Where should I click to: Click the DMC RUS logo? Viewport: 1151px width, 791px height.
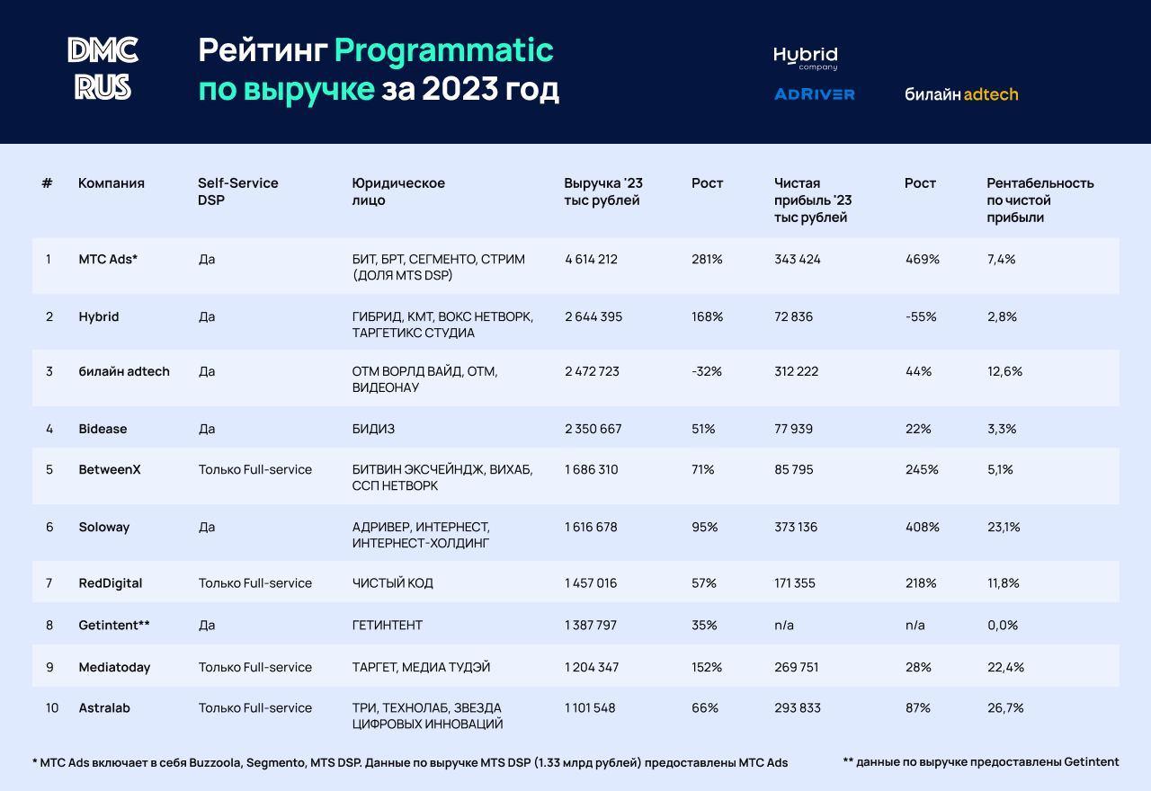click(x=103, y=68)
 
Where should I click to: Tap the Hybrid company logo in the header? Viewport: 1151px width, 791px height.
click(x=805, y=58)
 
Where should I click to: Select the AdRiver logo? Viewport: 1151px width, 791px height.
click(x=814, y=94)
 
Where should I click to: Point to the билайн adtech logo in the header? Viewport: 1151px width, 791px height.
click(x=961, y=94)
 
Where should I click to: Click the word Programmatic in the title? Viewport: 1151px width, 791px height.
click(x=443, y=50)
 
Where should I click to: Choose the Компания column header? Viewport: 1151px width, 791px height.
click(x=112, y=183)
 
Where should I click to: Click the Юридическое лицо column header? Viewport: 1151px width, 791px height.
click(x=398, y=191)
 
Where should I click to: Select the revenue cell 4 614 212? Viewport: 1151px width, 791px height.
click(x=591, y=260)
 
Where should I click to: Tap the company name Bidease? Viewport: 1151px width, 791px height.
click(x=103, y=429)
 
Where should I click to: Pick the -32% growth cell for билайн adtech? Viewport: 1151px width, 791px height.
click(x=706, y=371)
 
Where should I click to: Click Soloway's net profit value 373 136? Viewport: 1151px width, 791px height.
click(x=796, y=528)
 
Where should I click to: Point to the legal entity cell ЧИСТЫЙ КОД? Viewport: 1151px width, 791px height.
click(x=393, y=583)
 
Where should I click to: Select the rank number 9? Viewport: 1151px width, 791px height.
click(x=49, y=667)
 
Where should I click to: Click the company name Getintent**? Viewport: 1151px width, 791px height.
click(x=114, y=625)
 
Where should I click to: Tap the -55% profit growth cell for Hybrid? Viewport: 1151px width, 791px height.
click(x=921, y=317)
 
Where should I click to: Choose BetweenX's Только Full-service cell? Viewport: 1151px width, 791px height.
click(x=255, y=470)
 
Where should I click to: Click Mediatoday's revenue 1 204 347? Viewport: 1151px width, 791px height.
click(x=591, y=667)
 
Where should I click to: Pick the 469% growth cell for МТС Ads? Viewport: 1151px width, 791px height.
click(x=922, y=260)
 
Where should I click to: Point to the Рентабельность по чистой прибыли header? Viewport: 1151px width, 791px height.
click(x=1039, y=200)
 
